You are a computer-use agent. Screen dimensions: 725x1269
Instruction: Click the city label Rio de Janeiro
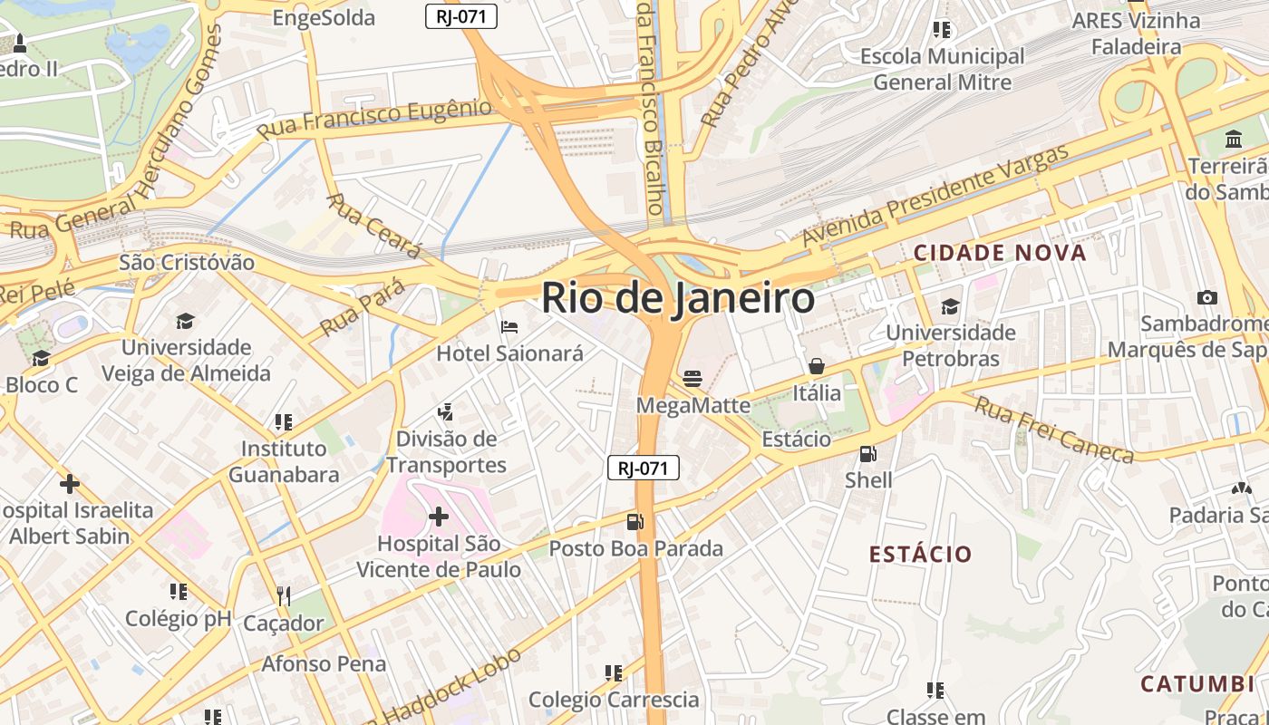pyautogui.click(x=678, y=298)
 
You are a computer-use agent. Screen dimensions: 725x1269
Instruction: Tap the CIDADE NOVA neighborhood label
pyautogui.click(x=999, y=253)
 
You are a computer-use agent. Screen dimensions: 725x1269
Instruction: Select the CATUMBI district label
pyautogui.click(x=1196, y=683)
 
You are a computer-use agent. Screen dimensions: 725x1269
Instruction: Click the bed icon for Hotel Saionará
pyautogui.click(x=509, y=326)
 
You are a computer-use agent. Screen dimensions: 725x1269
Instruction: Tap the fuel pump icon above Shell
pyautogui.click(x=867, y=453)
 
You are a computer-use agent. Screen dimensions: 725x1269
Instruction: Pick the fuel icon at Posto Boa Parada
pyautogui.click(x=635, y=521)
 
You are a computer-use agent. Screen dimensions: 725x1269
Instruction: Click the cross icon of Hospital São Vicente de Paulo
pyautogui.click(x=439, y=517)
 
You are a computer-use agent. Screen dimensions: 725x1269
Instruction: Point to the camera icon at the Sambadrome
pyautogui.click(x=1206, y=297)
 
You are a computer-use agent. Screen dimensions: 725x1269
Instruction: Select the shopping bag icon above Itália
pyautogui.click(x=816, y=366)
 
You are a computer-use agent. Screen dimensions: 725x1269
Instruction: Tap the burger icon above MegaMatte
pyautogui.click(x=693, y=377)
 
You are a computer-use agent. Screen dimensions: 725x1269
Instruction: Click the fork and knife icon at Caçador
pyautogui.click(x=284, y=595)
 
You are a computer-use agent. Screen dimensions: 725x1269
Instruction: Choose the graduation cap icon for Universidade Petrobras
pyautogui.click(x=950, y=306)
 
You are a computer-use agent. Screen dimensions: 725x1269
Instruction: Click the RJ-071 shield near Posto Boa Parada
pyautogui.click(x=643, y=468)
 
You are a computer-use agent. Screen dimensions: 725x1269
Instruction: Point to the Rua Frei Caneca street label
pyautogui.click(x=1053, y=430)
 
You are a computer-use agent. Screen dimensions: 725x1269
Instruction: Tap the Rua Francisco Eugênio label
pyautogui.click(x=373, y=119)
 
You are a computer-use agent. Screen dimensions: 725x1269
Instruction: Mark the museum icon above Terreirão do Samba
pyautogui.click(x=1233, y=140)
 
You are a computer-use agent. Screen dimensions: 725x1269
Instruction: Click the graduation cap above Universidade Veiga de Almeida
pyautogui.click(x=185, y=321)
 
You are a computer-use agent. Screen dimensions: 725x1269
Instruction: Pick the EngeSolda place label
pyautogui.click(x=324, y=17)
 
